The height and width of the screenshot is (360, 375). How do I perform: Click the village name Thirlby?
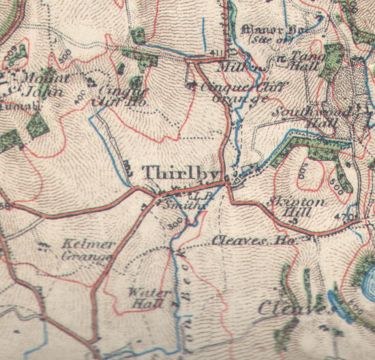(172, 172)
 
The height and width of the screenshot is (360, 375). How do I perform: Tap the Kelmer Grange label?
(85, 250)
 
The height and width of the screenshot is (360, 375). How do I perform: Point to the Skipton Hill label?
(288, 207)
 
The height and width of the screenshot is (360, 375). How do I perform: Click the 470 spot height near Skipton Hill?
(350, 217)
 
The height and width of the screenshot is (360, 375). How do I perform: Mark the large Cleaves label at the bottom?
(293, 309)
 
